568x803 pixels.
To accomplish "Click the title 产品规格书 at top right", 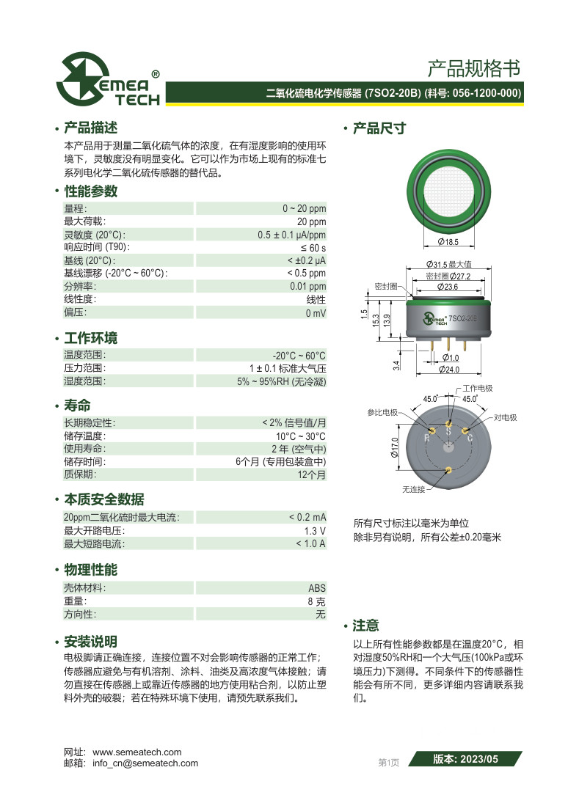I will pyautogui.click(x=473, y=69).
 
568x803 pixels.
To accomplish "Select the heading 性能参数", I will pyautogui.click(x=91, y=191).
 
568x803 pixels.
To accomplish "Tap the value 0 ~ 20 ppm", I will pyautogui.click(x=304, y=208).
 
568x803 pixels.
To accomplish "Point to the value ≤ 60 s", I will pyautogui.click(x=313, y=248).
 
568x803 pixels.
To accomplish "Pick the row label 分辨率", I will pyautogui.click(x=80, y=286).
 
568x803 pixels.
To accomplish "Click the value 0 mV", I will pyautogui.click(x=316, y=312).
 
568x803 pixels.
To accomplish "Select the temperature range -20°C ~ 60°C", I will pyautogui.click(x=299, y=355).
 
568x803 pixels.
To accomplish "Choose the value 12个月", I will pyautogui.click(x=311, y=475).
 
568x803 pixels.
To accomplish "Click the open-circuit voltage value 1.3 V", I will pyautogui.click(x=315, y=531).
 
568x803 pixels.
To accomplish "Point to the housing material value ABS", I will pyautogui.click(x=317, y=588).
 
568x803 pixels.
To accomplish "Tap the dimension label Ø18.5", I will pyautogui.click(x=448, y=241).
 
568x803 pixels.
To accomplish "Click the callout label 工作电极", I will pyautogui.click(x=477, y=388).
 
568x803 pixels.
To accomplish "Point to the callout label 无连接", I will pyautogui.click(x=413, y=488).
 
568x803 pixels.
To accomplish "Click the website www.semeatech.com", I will pyautogui.click(x=137, y=752).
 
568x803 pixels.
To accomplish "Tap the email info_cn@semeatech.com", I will pyautogui.click(x=145, y=763).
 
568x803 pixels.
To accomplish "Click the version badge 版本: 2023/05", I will pyautogui.click(x=465, y=760).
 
